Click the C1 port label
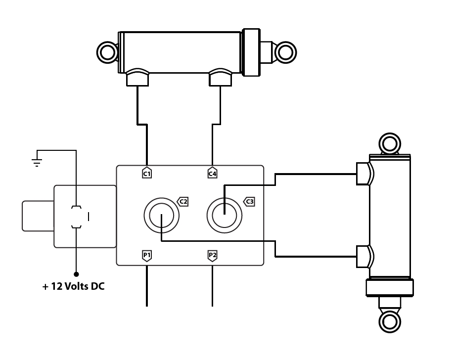click(147, 173)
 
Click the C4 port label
click(212, 173)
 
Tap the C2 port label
click(183, 201)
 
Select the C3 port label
click(250, 201)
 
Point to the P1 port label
click(147, 255)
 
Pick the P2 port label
click(212, 255)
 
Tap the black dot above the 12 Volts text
click(76, 273)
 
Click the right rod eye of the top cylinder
click(285, 51)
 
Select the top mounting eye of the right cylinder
click(389, 144)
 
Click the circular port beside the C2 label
click(161, 216)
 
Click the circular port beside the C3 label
click(224, 216)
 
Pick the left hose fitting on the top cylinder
click(137, 78)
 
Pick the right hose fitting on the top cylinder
click(220, 78)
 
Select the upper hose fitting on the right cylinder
click(364, 174)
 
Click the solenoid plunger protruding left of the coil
click(38, 216)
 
